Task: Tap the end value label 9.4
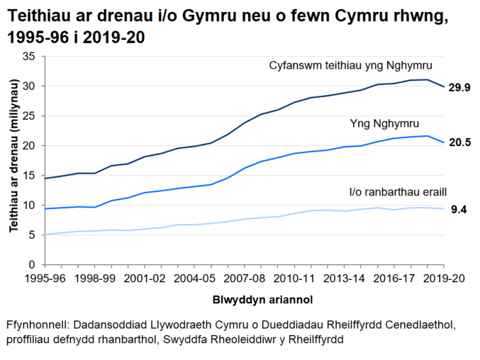(x=459, y=210)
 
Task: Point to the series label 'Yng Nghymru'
(x=384, y=123)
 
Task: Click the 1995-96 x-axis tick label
(x=45, y=278)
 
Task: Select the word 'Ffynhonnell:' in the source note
(x=35, y=325)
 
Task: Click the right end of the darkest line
(x=442, y=86)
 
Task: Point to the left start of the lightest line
(x=46, y=234)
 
